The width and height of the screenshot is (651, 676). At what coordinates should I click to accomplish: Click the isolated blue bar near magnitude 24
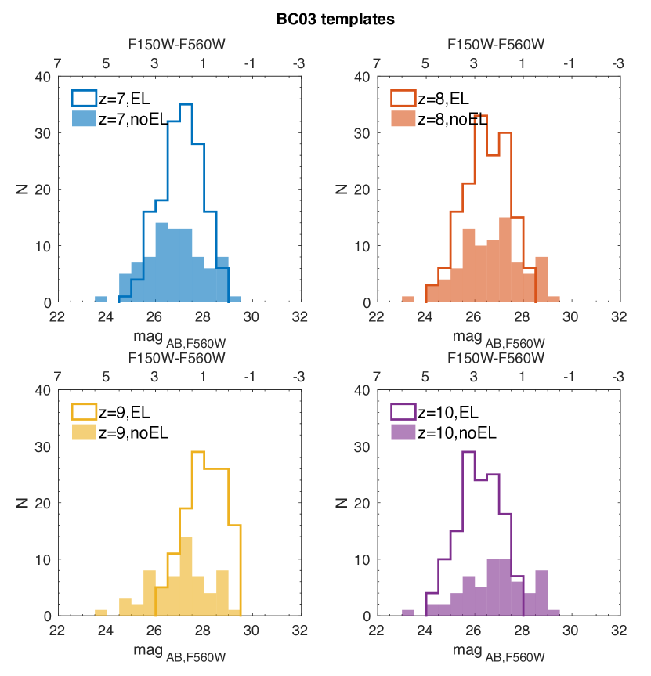[x=100, y=299]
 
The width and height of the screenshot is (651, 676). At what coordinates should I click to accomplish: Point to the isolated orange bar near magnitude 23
[x=407, y=299]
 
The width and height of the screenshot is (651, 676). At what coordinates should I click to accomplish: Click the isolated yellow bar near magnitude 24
[x=100, y=613]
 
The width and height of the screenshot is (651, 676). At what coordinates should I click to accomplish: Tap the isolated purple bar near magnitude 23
[x=407, y=613]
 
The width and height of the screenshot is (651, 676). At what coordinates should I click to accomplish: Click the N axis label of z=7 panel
[x=22, y=189]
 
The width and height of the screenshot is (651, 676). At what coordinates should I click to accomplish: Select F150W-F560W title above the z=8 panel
[x=496, y=45]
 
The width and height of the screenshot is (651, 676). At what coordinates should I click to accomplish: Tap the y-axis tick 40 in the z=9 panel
[x=44, y=390]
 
